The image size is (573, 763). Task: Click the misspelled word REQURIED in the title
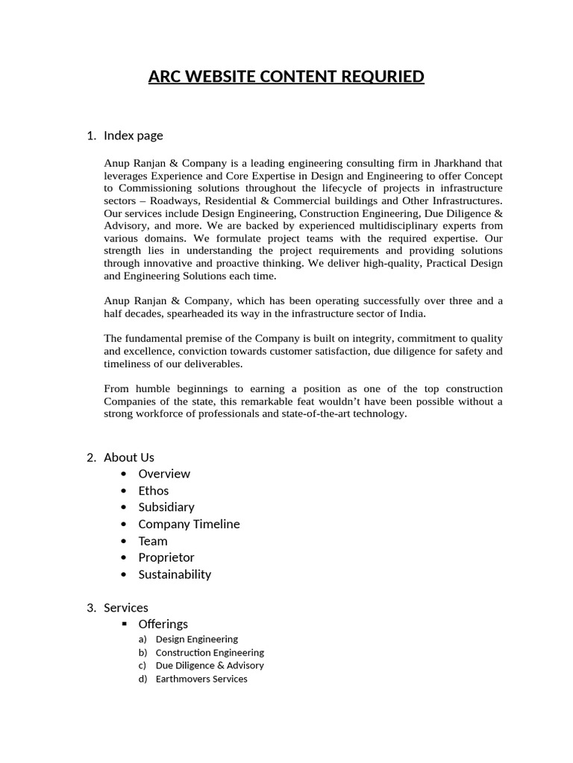coord(383,77)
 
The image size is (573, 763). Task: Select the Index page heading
coord(133,135)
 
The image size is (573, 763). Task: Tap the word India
coord(411,314)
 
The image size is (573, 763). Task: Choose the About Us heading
coord(128,457)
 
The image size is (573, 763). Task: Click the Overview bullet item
coord(164,474)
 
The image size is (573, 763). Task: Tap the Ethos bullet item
coord(154,490)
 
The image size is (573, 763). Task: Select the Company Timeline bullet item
coord(189,524)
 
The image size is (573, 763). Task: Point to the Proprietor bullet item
coord(166,557)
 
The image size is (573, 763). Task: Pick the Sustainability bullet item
coord(175,574)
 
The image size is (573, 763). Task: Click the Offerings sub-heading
coord(163,624)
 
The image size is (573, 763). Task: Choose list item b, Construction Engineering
coord(210,652)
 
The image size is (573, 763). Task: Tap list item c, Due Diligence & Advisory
coord(210,665)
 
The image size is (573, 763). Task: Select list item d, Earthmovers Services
coord(201,679)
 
